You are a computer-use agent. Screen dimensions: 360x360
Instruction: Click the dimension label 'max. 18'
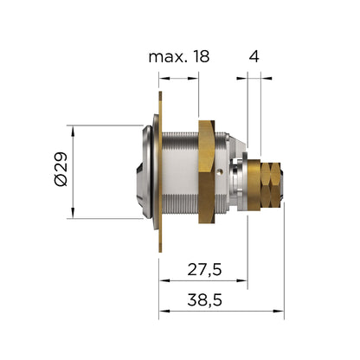tap(179, 56)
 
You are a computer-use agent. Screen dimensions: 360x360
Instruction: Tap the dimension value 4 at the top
tap(254, 56)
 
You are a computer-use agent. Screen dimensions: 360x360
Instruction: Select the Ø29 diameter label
tap(61, 170)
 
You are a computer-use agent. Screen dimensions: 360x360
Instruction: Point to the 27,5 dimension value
tap(204, 270)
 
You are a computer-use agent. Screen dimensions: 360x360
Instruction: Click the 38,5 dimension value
tap(204, 300)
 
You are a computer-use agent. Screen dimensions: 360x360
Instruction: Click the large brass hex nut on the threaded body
tap(207, 171)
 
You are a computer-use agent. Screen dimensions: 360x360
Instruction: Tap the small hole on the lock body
tap(220, 172)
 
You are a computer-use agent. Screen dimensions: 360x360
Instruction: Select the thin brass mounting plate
tap(160, 172)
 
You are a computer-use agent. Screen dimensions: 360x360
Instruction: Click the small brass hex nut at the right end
tap(270, 184)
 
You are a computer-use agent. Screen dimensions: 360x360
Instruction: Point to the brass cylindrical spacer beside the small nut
tap(254, 185)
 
